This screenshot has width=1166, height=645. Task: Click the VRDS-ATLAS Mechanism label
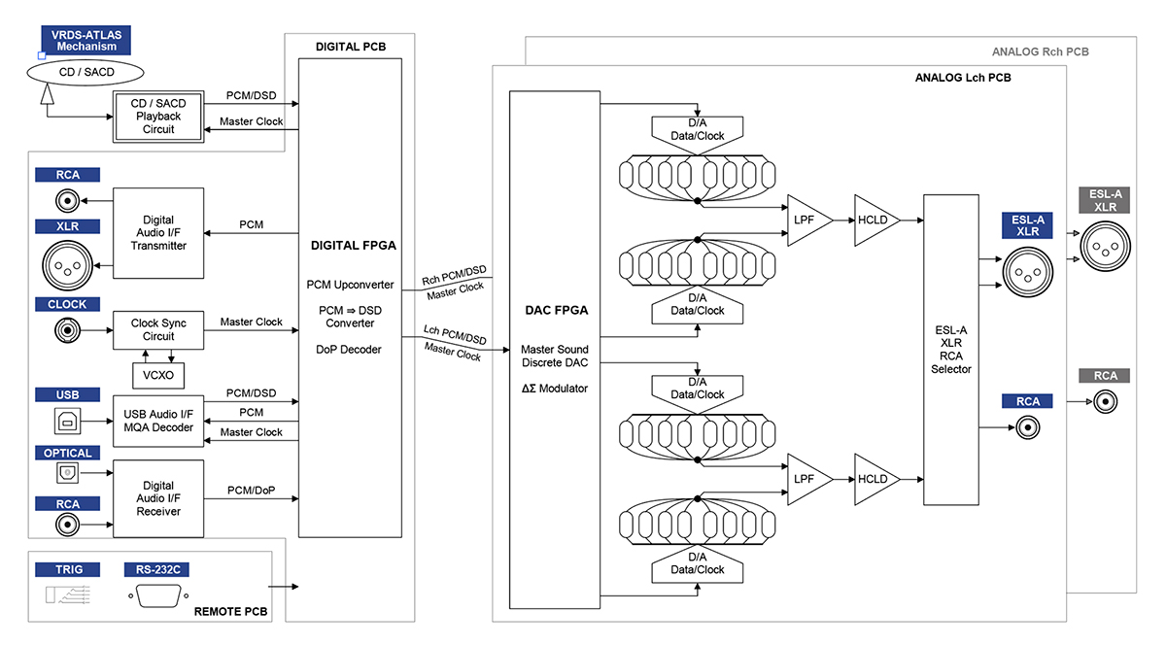(x=86, y=40)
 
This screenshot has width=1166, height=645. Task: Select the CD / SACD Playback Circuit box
(x=158, y=117)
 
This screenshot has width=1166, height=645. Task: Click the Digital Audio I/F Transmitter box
(x=158, y=232)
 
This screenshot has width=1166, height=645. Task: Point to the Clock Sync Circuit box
(x=158, y=329)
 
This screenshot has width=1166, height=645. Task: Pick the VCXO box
(x=158, y=374)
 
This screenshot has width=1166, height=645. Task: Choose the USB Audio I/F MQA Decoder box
(x=158, y=421)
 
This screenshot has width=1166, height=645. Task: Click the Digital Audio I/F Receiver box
(x=158, y=498)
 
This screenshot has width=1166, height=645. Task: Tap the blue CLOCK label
(x=67, y=304)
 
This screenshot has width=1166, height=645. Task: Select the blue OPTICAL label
(x=67, y=453)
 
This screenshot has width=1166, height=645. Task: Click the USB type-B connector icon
(x=67, y=421)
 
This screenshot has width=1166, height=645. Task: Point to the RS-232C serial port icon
(x=155, y=595)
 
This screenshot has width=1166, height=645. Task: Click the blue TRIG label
(x=67, y=569)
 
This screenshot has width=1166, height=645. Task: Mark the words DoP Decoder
(x=350, y=350)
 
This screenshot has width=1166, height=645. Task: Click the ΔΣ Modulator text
(x=554, y=389)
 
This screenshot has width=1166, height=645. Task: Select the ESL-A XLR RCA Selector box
(x=950, y=350)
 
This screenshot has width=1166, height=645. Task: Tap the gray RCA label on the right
(x=1105, y=376)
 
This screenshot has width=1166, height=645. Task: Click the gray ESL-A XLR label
(x=1105, y=200)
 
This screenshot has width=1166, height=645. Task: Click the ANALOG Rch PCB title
(x=1040, y=51)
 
